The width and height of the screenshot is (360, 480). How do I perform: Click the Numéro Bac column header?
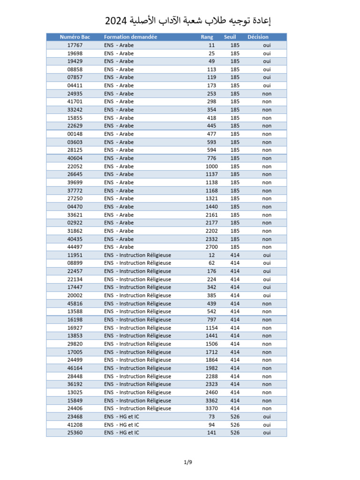click(75, 37)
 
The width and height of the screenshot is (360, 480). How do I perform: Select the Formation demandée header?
click(130, 37)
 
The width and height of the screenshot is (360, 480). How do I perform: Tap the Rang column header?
click(207, 37)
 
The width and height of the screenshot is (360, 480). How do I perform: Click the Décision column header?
click(258, 37)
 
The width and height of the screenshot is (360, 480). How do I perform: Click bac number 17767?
click(75, 45)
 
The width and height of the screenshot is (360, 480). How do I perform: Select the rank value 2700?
click(211, 247)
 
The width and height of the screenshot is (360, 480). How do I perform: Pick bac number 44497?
click(75, 247)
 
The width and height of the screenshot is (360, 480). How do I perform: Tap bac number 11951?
click(75, 255)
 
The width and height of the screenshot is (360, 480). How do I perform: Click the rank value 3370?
click(211, 408)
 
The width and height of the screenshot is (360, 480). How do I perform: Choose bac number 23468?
click(75, 417)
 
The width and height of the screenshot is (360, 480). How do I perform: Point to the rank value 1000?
click(211, 166)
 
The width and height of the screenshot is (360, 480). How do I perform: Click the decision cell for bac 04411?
click(267, 85)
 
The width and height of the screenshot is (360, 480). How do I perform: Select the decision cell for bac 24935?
click(267, 94)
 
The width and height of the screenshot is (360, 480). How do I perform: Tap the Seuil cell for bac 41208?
click(235, 425)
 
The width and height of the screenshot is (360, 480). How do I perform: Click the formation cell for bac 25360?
click(122, 433)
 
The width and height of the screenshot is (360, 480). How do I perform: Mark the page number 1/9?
click(188, 463)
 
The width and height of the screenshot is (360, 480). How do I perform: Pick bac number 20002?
click(75, 295)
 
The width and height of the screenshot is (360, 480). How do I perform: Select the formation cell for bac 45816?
click(138, 303)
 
